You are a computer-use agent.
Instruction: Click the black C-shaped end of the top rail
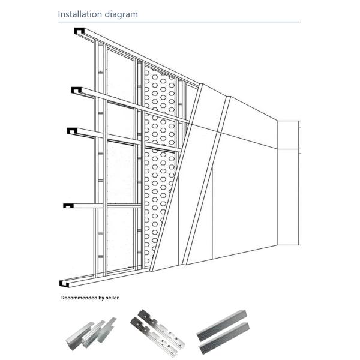79,31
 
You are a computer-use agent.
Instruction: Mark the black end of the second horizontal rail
76,90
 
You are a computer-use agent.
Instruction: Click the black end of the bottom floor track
65,282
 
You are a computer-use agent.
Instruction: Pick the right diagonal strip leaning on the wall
207,180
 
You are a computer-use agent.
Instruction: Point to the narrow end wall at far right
287,183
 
